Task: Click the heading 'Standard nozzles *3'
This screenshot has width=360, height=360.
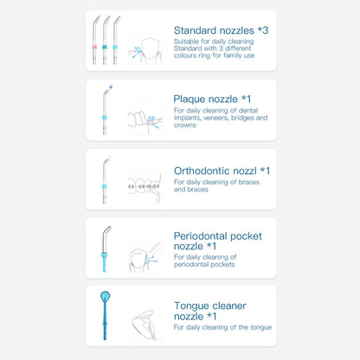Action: [221, 30]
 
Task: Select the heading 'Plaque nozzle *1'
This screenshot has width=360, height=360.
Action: [211, 99]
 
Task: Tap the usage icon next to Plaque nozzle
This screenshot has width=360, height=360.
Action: [145, 119]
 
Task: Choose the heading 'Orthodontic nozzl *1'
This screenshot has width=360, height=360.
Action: [222, 170]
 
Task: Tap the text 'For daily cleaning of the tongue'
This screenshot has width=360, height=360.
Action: [222, 327]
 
